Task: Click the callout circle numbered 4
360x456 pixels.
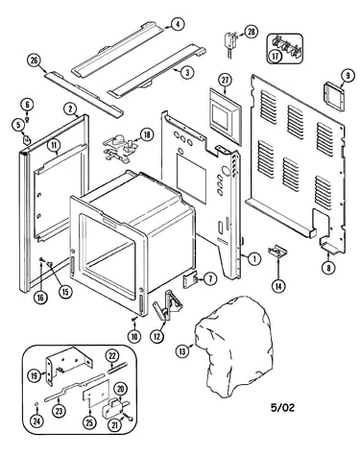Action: (178, 24)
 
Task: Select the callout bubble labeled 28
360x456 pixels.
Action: (251, 32)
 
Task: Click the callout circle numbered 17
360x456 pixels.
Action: (276, 56)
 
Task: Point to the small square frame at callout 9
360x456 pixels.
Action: (334, 96)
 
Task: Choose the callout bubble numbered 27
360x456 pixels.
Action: (226, 80)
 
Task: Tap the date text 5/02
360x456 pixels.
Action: (282, 407)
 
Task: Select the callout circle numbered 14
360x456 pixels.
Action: (277, 285)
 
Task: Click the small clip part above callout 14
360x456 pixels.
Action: (277, 252)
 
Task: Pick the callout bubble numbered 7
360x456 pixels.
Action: (210, 279)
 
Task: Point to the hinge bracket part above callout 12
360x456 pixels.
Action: (167, 305)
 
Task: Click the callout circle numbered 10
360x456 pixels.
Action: (134, 336)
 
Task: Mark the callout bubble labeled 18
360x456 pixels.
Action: (147, 135)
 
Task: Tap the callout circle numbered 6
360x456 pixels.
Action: (27, 105)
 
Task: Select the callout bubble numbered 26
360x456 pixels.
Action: (34, 60)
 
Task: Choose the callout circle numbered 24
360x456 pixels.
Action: (36, 420)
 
